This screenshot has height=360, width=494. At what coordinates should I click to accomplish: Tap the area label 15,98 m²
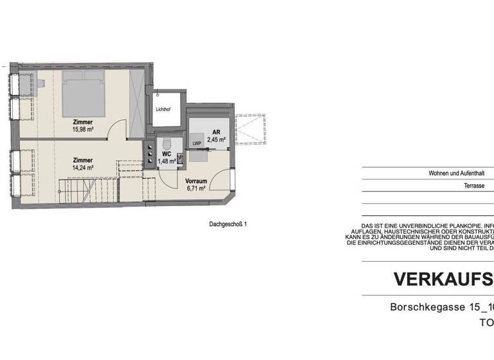(83, 129)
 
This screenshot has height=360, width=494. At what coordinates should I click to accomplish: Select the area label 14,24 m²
(83, 167)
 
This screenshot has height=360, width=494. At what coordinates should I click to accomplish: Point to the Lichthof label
(164, 109)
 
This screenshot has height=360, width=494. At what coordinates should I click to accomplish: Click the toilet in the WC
(167, 143)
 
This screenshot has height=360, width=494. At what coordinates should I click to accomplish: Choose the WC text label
(166, 154)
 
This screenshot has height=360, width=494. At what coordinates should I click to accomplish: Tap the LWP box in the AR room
(197, 143)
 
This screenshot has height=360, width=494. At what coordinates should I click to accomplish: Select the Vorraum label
(196, 181)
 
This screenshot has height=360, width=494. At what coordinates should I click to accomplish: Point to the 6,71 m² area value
(196, 188)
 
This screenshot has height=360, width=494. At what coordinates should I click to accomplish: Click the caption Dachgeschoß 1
(228, 224)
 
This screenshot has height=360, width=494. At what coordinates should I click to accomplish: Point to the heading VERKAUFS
(443, 279)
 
